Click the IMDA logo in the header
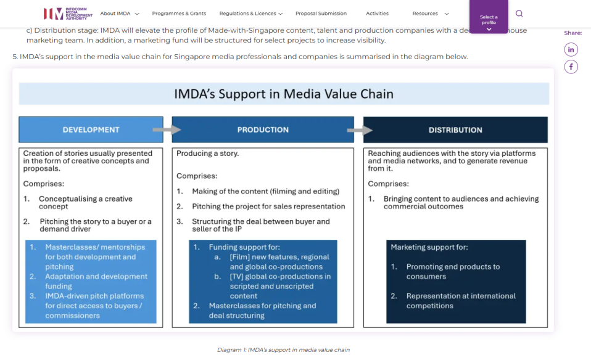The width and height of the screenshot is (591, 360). [67, 14]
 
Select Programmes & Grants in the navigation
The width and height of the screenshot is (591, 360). [179, 14]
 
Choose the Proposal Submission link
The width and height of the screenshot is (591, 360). [321, 14]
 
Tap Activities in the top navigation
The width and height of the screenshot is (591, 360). [377, 14]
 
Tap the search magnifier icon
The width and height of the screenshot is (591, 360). [519, 14]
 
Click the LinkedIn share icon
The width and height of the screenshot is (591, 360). [571, 49]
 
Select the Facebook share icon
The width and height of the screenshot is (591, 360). [571, 67]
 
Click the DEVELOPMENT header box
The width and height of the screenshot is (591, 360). [91, 130]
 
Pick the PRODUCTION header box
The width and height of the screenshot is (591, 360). [263, 130]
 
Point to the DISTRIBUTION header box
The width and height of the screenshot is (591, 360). [455, 130]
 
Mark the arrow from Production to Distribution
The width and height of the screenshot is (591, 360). [360, 130]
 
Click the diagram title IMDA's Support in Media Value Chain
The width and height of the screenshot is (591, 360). [283, 94]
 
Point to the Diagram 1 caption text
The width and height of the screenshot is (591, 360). [283, 350]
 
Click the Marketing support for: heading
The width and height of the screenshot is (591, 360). [429, 247]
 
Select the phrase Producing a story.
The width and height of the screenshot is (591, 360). [207, 153]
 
